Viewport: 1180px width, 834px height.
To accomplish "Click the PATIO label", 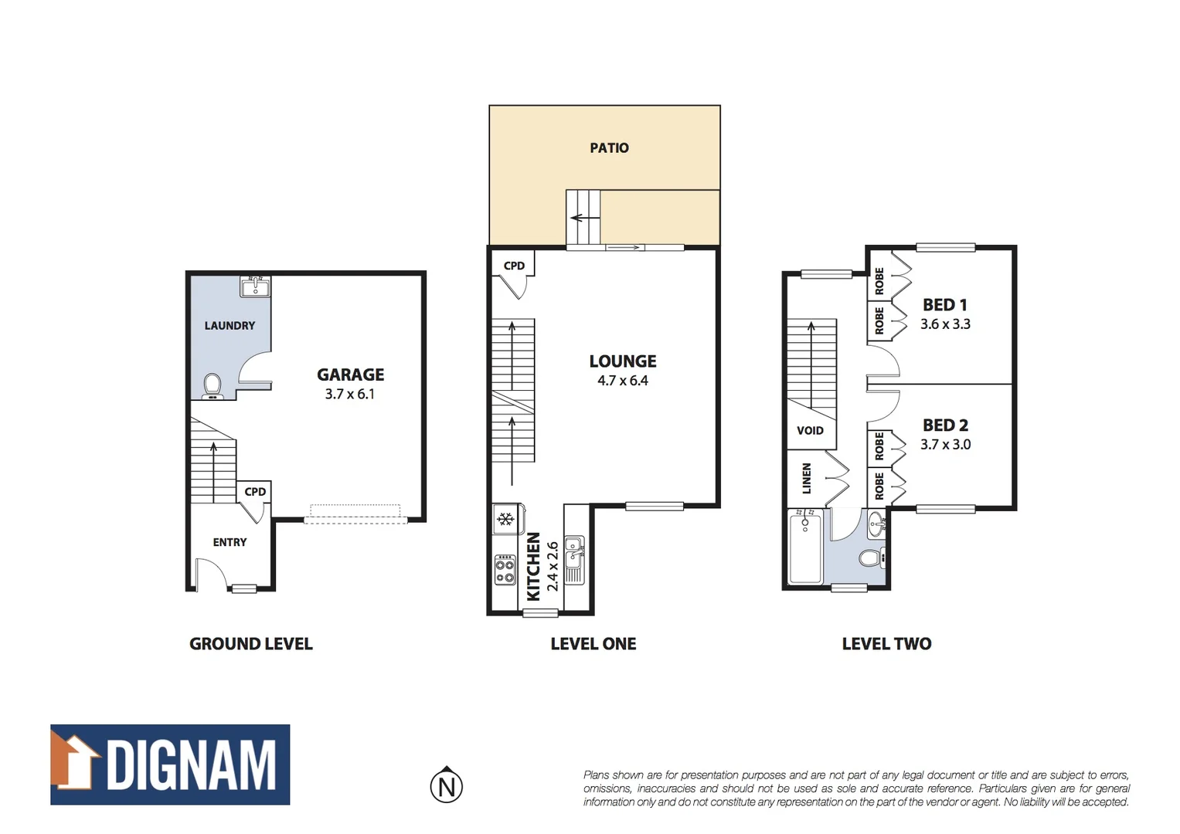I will (609, 147).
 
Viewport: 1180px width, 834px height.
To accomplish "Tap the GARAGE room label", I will (350, 375).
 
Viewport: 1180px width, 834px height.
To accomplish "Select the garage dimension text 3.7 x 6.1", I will (349, 394).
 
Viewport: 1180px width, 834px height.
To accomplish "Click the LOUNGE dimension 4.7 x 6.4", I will (622, 381).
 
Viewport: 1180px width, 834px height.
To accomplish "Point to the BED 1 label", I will (944, 305).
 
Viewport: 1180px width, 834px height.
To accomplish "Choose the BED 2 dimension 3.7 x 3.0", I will (945, 445).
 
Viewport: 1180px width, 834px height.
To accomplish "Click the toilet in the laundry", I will (212, 385).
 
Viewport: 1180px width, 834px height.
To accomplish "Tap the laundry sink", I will (254, 287).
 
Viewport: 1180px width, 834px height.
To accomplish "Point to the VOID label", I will (810, 431).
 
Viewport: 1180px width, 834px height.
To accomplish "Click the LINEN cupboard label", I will (807, 478).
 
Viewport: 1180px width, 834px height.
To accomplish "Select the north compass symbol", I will (446, 785).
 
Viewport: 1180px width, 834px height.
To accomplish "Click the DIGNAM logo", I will (170, 764).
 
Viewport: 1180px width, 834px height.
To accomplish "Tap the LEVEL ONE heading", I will (593, 644).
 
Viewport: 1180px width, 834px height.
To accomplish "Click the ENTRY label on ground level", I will (230, 543).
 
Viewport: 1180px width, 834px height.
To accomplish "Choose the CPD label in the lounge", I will (514, 266).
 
